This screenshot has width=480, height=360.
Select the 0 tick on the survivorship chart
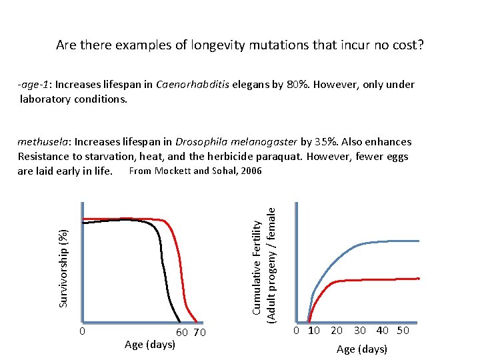coord(81,332)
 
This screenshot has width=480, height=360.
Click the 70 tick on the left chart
coord(199,333)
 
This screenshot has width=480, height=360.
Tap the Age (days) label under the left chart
coord(150,345)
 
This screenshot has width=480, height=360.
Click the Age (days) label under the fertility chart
coord(362,349)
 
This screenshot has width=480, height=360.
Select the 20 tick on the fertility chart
coord(337,331)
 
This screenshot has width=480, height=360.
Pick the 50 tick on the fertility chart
coord(403,331)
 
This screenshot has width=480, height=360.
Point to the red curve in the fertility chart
coord(373,280)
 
